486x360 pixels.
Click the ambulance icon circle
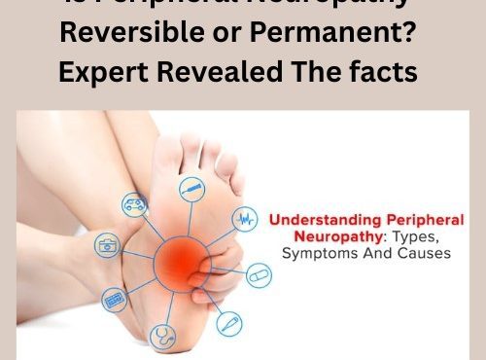click(x=132, y=204)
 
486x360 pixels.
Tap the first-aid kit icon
click(x=106, y=244)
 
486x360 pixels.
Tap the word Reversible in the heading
click(x=121, y=35)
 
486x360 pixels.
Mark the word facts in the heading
click(x=381, y=73)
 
